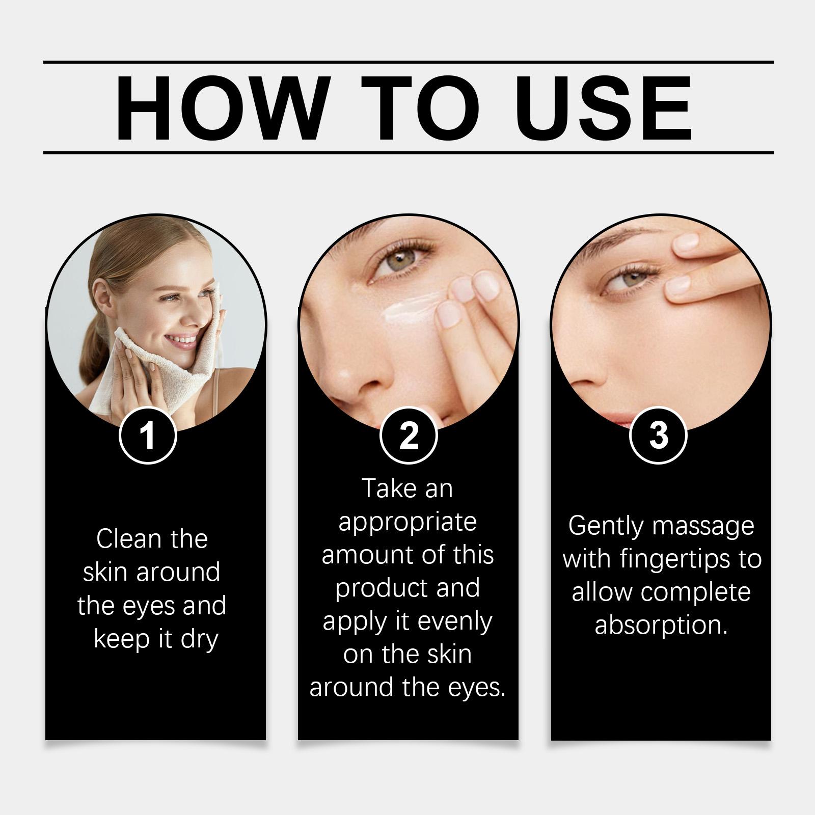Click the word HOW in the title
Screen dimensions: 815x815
pos(220,108)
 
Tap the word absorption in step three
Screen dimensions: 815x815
pos(661,626)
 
